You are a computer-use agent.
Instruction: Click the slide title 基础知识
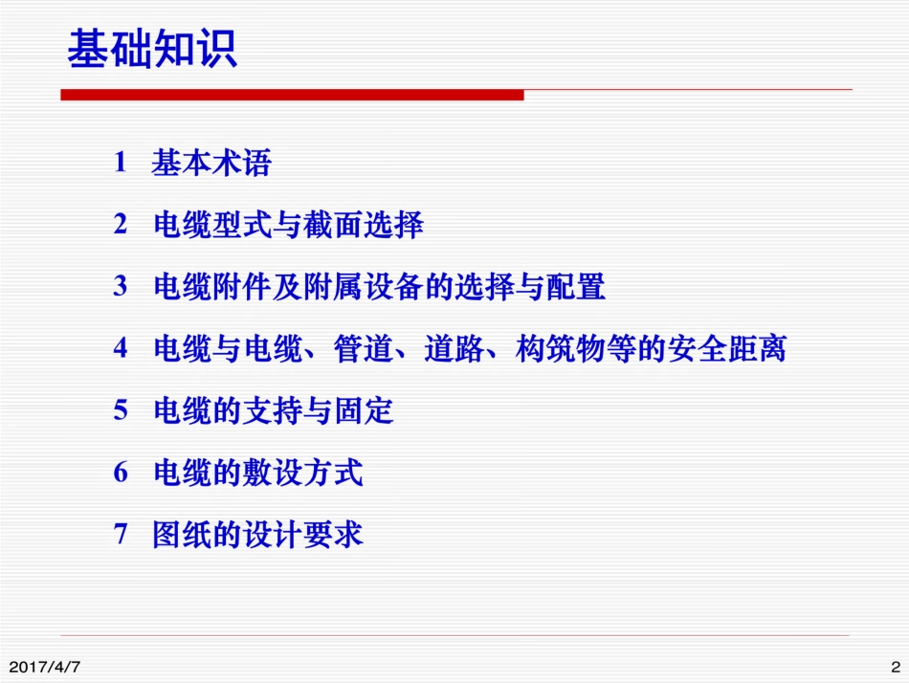pos(152,49)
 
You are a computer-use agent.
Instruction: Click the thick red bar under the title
pos(292,95)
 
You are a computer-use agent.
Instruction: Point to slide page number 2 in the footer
pos(896,666)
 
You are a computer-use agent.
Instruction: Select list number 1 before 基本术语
pos(121,163)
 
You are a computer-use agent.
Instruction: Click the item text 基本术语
pos(211,164)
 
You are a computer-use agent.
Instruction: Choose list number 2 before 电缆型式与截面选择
pos(121,225)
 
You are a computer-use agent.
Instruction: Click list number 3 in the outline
pos(121,286)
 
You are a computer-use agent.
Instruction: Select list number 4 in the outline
pos(121,348)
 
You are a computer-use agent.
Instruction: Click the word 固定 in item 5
pos(364,411)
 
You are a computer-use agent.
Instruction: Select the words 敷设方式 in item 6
pos(303,473)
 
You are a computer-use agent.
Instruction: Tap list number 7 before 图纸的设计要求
pos(121,534)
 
